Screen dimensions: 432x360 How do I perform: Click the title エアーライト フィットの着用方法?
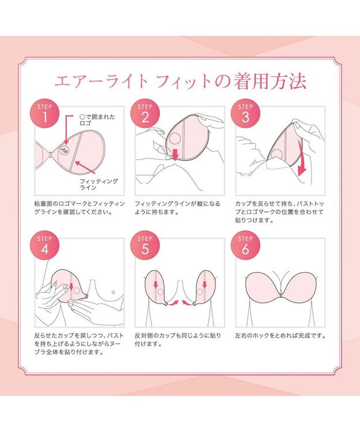pyautogui.click(x=180, y=81)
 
